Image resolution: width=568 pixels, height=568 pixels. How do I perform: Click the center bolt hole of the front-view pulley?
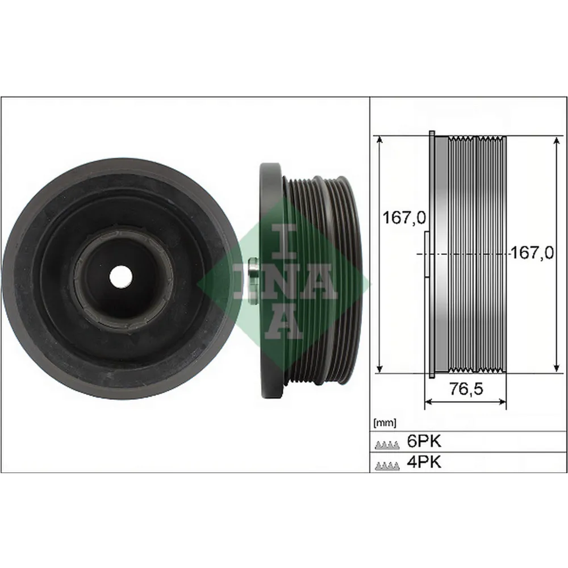[120, 277]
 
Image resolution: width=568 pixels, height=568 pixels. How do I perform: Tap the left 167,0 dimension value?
[404, 217]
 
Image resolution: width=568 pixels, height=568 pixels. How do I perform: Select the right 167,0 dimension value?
[532, 253]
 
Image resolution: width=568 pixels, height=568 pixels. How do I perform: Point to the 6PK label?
[423, 441]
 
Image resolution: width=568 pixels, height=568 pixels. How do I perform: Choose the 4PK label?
[423, 462]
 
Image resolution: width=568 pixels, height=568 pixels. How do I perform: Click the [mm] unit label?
[385, 423]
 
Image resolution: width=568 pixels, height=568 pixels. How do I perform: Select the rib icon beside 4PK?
[386, 465]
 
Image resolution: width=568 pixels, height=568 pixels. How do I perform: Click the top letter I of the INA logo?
[283, 237]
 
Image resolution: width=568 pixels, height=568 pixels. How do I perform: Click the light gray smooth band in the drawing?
[441, 256]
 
